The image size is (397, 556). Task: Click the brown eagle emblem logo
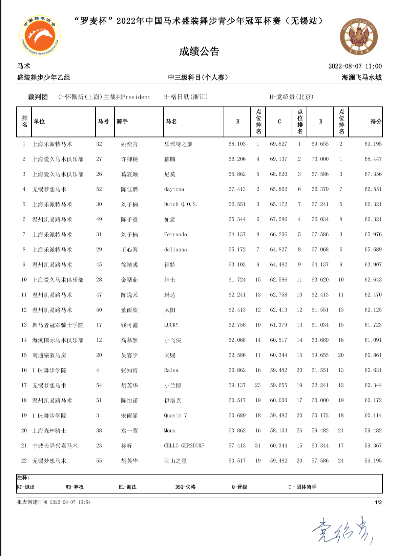[359, 37]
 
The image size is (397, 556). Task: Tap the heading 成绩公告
[199, 51]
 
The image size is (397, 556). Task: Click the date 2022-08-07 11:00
[355, 66]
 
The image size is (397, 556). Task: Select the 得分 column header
[376, 122]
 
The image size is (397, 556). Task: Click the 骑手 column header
[122, 122]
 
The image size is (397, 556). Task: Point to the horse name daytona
[174, 189]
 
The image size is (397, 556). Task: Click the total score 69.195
[373, 144]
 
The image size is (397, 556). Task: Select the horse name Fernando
[175, 235]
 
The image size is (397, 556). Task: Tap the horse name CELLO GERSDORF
[184, 446]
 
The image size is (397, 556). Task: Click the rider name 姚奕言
[129, 144]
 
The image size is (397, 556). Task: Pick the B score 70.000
[320, 159]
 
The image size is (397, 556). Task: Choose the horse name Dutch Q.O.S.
[181, 205]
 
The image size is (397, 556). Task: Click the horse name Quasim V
[175, 415]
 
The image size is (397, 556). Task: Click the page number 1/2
[378, 502]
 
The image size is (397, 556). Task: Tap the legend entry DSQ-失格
[185, 487]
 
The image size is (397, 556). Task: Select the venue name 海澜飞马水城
[361, 78]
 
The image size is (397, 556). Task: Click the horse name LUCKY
[171, 325]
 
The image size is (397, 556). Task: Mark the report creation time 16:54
[84, 502]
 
